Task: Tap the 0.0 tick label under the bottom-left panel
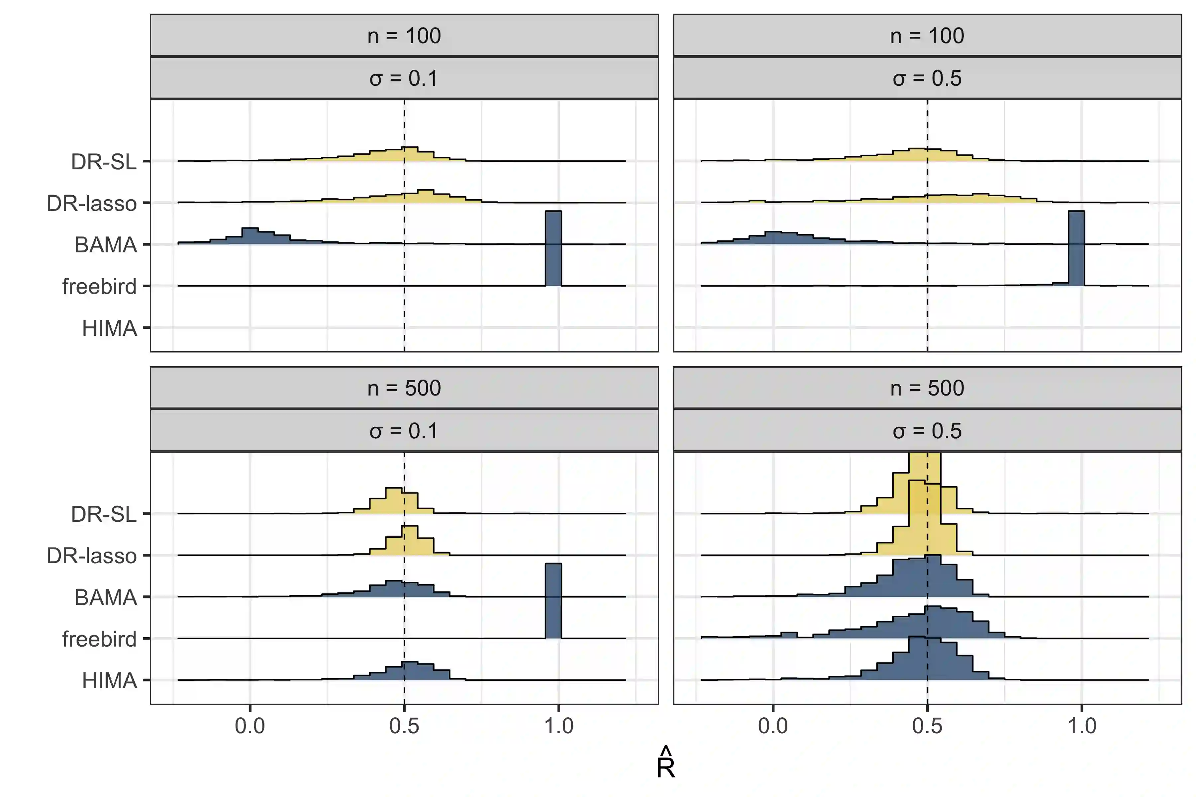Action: click(250, 726)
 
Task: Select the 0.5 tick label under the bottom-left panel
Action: click(404, 726)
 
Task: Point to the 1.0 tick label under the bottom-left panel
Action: click(559, 726)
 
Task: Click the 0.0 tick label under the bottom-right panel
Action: click(773, 726)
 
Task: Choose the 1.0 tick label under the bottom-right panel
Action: click(1082, 726)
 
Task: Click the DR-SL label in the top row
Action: click(104, 162)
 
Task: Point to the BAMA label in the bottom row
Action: click(106, 597)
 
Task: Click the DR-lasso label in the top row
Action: click(92, 203)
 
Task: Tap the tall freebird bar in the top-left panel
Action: click(553, 249)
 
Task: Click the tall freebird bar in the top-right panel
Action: click(1076, 249)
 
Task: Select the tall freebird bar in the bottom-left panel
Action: click(553, 601)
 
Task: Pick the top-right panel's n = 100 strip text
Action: click(927, 36)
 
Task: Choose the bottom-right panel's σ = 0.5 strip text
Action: click(927, 431)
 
